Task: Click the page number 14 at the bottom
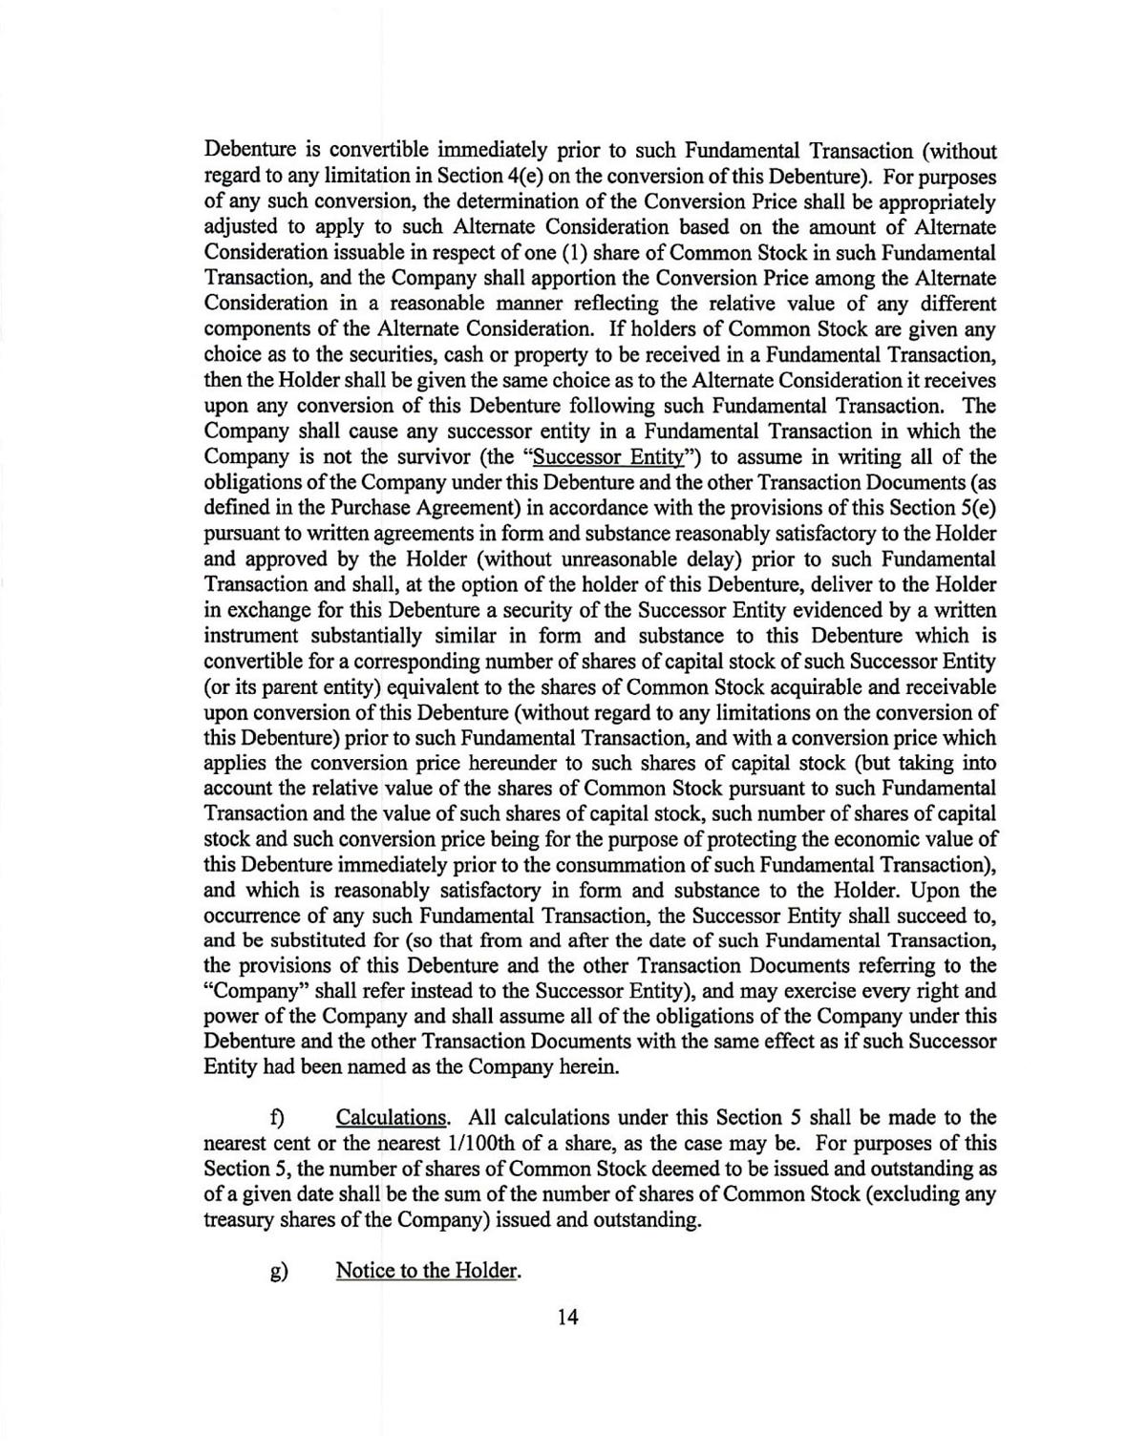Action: (567, 1318)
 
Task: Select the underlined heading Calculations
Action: (392, 1117)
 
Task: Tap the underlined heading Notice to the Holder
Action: (428, 1271)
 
